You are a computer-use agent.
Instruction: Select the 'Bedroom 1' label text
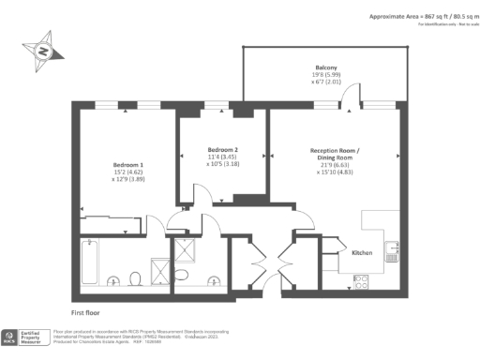[x=127, y=163]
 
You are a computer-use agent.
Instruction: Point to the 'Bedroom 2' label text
[x=223, y=150]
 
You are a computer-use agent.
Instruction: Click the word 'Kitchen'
[x=364, y=253]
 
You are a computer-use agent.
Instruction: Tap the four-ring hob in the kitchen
[x=361, y=279]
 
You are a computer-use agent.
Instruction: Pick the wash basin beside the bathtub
[x=113, y=281]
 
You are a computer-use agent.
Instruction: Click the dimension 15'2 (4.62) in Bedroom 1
[x=127, y=172]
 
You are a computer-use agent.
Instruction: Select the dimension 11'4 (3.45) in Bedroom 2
[x=223, y=157]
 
